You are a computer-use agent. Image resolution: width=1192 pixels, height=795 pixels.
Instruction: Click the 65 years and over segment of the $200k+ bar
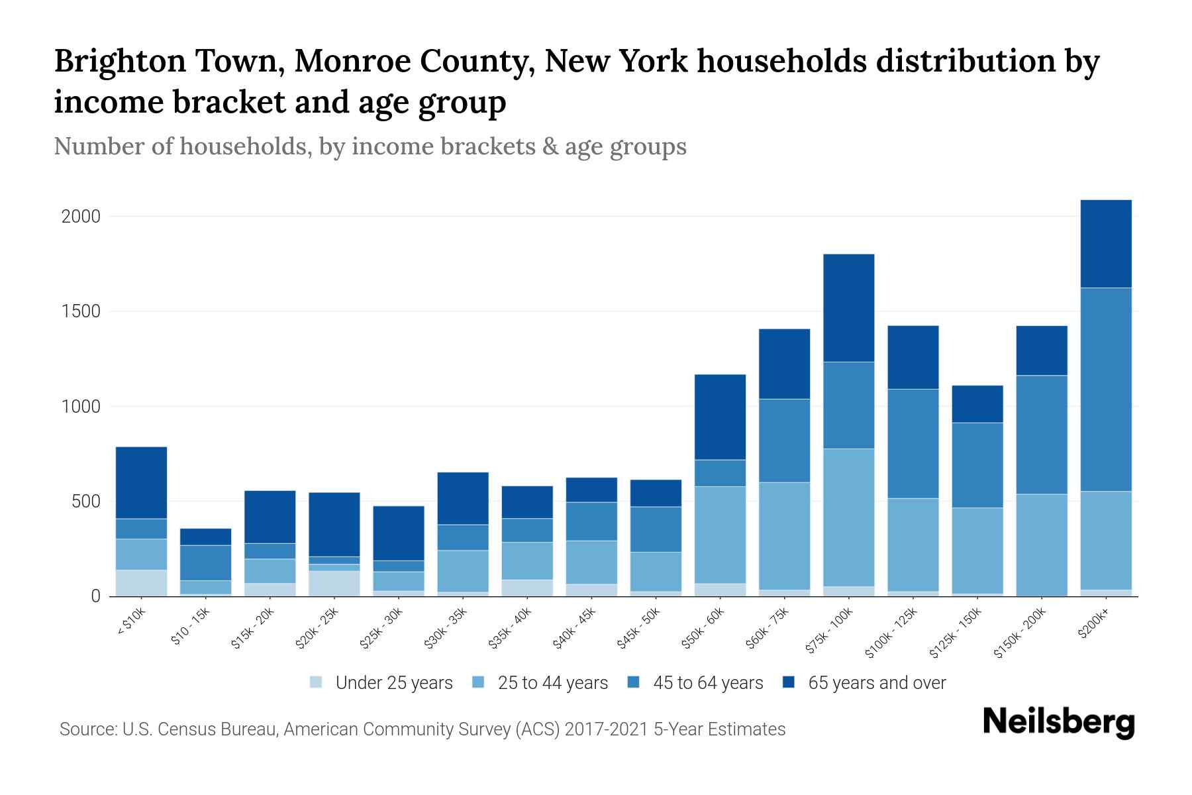(x=1106, y=243)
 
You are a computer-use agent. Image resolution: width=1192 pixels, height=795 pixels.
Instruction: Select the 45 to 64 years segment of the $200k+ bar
(x=1106, y=389)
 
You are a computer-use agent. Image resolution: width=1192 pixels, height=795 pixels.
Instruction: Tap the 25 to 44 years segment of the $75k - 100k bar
(x=848, y=517)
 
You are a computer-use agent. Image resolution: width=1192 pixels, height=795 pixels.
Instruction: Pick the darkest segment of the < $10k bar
(x=141, y=482)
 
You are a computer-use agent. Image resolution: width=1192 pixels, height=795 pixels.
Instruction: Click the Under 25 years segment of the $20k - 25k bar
(x=334, y=583)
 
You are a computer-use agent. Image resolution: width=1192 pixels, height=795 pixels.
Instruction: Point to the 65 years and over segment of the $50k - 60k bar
(x=720, y=417)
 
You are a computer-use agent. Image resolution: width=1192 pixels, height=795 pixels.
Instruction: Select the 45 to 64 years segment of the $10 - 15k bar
(x=205, y=562)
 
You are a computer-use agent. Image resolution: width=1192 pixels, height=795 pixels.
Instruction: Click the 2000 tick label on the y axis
(x=81, y=217)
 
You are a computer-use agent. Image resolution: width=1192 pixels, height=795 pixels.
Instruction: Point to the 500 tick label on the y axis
(x=86, y=502)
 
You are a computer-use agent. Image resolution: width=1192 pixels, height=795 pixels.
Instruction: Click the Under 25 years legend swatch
(x=317, y=682)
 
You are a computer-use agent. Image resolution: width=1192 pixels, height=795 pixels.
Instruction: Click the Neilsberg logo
(x=1058, y=723)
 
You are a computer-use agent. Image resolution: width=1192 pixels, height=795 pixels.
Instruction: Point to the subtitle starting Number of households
(x=370, y=146)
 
